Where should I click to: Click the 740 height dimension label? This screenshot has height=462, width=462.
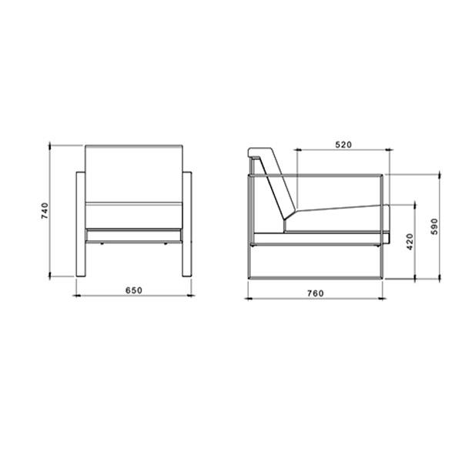coord(45,211)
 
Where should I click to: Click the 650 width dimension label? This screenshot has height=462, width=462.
coord(134,290)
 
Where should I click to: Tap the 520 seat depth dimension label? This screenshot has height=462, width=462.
coord(344,145)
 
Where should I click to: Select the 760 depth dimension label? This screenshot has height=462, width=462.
coord(316,293)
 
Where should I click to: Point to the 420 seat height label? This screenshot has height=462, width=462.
coord(410,242)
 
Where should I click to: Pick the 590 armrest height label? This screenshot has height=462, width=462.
coord(434,226)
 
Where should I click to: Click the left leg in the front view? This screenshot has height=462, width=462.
coord(81,224)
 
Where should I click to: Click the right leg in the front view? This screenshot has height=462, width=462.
coord(187,224)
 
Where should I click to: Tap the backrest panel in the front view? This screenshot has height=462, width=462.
coord(134,173)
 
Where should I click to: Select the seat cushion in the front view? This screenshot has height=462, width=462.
coord(134,216)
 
